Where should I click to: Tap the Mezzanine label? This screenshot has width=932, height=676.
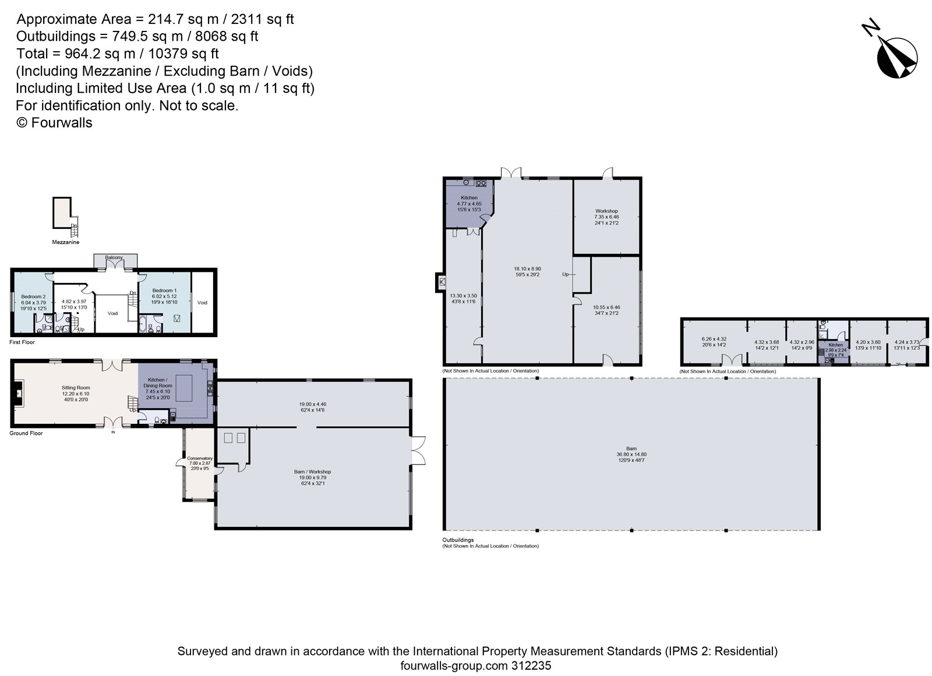pyautogui.click(x=65, y=242)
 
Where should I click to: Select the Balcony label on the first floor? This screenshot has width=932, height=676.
pyautogui.click(x=114, y=257)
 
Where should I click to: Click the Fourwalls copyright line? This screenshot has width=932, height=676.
pyautogui.click(x=54, y=123)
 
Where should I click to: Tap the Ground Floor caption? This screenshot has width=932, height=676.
pyautogui.click(x=26, y=433)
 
